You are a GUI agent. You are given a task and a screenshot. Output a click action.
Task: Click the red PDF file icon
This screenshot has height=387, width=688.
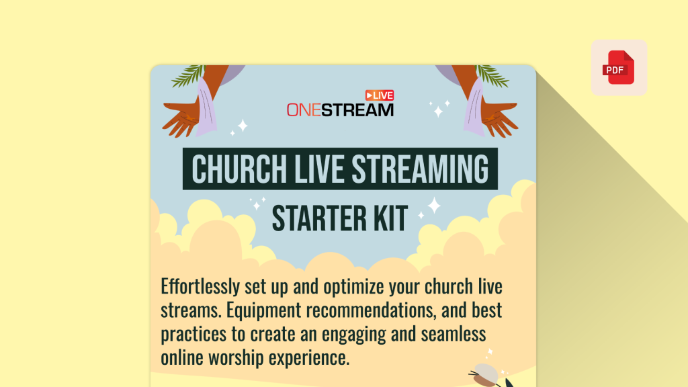click(x=619, y=68)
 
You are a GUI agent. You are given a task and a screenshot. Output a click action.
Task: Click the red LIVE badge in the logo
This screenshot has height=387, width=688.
click(x=379, y=95)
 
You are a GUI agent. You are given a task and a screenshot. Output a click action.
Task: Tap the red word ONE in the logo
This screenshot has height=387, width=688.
click(x=303, y=110)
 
